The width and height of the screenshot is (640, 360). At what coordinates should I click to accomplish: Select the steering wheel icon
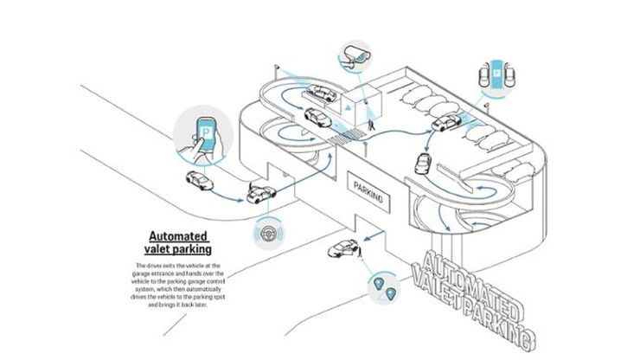(266, 235)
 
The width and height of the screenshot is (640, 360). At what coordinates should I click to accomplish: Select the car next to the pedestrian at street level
(342, 248)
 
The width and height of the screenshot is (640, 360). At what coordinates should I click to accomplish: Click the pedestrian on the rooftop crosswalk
(374, 126)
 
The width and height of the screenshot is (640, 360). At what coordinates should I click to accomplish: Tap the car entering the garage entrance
(261, 192)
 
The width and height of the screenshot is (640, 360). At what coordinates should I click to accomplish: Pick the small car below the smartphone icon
(198, 181)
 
